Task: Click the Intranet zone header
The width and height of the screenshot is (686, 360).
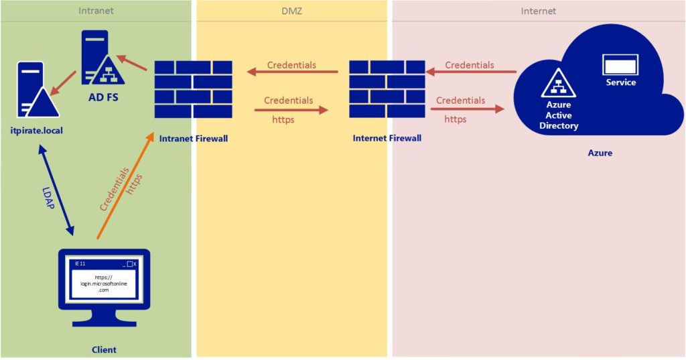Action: coord(96,11)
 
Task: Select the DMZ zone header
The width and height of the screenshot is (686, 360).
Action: coord(291,11)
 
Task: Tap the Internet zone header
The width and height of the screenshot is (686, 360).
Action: coord(538,11)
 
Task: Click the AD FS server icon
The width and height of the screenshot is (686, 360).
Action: coord(102,58)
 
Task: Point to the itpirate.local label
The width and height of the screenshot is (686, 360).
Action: coord(37,131)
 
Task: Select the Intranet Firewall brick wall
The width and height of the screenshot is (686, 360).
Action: coord(194,89)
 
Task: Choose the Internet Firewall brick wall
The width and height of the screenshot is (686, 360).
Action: coord(387,89)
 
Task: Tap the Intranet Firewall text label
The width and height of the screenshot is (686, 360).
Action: coord(194,139)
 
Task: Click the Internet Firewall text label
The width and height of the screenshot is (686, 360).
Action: coord(387,138)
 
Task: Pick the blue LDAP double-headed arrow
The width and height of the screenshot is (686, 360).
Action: coord(56,190)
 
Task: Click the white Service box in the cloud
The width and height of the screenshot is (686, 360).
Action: coord(620,65)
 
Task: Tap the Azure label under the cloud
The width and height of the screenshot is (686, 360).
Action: coord(600,153)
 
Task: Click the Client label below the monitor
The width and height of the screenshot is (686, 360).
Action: coord(104,349)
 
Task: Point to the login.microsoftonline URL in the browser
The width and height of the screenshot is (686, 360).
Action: coord(104,284)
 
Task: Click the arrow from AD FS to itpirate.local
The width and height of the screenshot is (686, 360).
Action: coord(63,83)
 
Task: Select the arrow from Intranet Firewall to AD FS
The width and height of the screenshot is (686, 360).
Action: coord(132,62)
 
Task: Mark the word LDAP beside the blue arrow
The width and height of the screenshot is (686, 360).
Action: coord(48,198)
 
